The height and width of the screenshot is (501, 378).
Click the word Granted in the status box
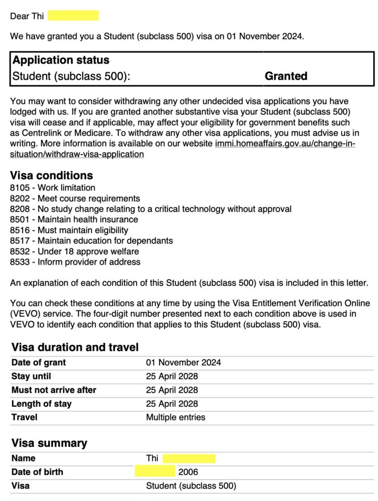click(286, 76)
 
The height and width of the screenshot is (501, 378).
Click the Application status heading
click(61, 60)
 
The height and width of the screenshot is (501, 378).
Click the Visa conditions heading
click(51, 175)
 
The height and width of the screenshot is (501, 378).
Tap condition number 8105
click(19, 188)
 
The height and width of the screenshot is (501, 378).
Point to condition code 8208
click(19, 209)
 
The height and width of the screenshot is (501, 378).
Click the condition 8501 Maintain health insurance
click(74, 220)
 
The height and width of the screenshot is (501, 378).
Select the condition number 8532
click(19, 251)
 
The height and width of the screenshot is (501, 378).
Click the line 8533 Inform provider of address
click(75, 262)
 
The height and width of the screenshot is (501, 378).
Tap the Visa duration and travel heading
click(75, 347)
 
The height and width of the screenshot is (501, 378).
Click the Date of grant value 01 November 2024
click(183, 363)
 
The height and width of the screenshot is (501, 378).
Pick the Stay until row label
click(31, 376)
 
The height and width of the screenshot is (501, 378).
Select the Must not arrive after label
click(53, 390)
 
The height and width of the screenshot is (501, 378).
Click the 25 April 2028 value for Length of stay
click(172, 404)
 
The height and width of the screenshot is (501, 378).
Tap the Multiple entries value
click(175, 417)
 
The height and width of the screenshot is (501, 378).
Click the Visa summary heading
click(49, 443)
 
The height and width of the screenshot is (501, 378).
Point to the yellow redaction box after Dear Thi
click(73, 16)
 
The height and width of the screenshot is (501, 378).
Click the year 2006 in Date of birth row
click(188, 472)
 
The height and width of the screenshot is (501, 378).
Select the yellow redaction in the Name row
click(189, 458)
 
